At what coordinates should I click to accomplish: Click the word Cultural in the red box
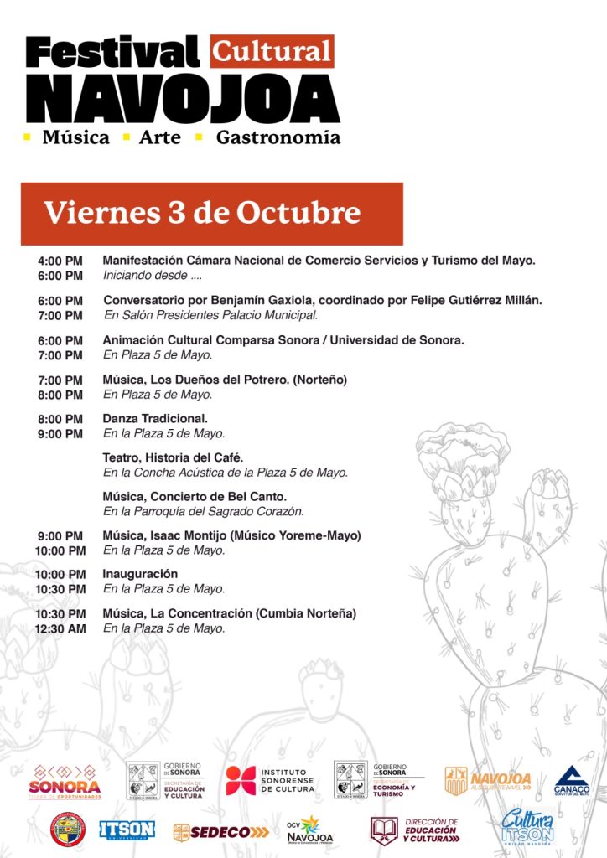(272, 51)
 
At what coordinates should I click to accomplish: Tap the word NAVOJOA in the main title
(182, 98)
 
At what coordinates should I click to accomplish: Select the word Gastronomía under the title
(278, 137)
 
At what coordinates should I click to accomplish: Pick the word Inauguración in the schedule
(140, 574)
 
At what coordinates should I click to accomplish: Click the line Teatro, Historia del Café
(173, 457)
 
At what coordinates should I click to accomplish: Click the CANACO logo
(571, 780)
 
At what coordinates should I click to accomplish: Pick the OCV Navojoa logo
(309, 829)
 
